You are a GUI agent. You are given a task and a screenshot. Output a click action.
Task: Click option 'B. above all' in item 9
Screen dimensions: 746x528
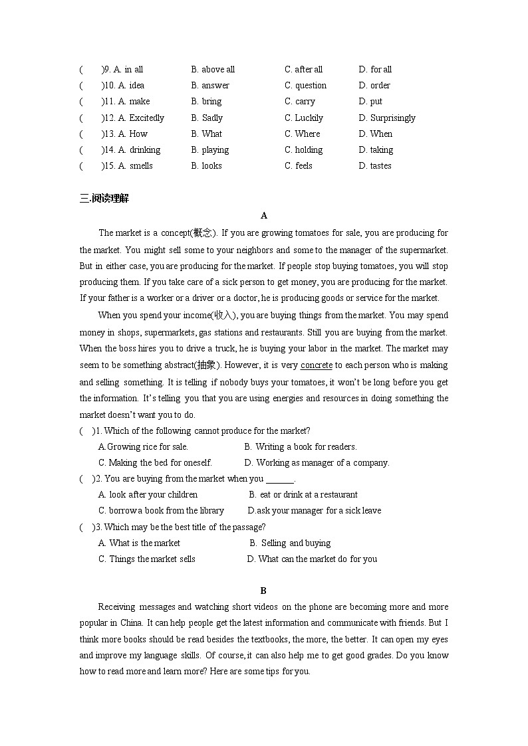(213, 69)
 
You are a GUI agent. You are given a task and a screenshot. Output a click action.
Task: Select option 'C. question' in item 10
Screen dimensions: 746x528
(305, 85)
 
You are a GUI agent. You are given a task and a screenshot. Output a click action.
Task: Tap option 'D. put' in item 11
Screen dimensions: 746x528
(370, 102)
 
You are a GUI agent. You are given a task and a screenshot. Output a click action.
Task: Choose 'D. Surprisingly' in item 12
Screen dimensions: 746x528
(387, 118)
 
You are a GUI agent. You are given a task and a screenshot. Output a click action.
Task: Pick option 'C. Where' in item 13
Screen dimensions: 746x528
(302, 134)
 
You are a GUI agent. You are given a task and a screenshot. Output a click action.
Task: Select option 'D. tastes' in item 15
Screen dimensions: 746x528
(375, 166)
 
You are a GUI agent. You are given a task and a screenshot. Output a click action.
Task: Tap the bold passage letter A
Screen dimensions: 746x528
(264, 215)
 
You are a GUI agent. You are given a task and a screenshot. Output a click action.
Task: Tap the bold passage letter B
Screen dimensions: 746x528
(263, 590)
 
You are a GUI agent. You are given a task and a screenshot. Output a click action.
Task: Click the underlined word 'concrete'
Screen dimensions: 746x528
(317, 365)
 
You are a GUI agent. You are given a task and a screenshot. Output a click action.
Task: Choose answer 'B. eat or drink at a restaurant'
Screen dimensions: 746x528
(303, 494)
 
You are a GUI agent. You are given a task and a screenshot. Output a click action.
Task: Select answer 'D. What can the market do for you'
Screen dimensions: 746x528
(312, 559)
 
